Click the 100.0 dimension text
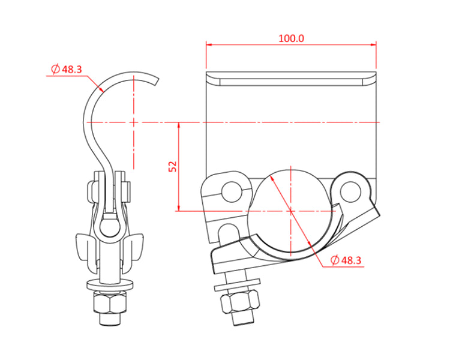pyautogui.click(x=292, y=38)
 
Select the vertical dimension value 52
pyautogui.click(x=173, y=166)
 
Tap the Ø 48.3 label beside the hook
pyautogui.click(x=67, y=70)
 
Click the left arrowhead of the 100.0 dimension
pyautogui.click(x=209, y=44)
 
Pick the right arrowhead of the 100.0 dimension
pyautogui.click(x=373, y=44)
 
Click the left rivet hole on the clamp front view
pyautogui.click(x=230, y=191)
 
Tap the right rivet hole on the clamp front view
pyautogui.click(x=349, y=190)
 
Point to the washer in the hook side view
pyautogui.click(x=107, y=283)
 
